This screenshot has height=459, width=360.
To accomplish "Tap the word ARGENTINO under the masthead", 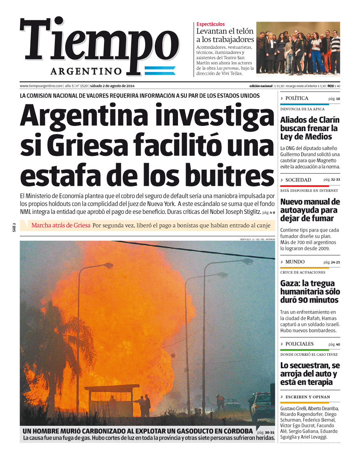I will [86, 71].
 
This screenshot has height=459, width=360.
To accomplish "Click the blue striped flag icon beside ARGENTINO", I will [160, 71].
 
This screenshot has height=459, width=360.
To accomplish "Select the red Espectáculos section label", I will [210, 24].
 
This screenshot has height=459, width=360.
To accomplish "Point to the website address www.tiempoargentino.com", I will [41, 86].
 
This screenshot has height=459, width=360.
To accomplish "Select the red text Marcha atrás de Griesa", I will [61, 226].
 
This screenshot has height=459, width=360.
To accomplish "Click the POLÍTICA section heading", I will [297, 98].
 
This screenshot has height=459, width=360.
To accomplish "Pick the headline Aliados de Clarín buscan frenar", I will [309, 128].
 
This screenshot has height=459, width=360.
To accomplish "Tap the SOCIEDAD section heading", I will [298, 180].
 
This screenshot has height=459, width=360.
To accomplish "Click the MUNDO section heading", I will [295, 262].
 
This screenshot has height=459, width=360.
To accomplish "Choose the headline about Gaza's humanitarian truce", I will [310, 292].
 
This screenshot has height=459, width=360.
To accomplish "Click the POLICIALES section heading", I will [299, 344].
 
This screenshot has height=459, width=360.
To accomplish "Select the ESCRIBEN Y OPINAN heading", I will [308, 397].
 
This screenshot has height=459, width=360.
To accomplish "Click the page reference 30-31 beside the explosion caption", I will [270, 433].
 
